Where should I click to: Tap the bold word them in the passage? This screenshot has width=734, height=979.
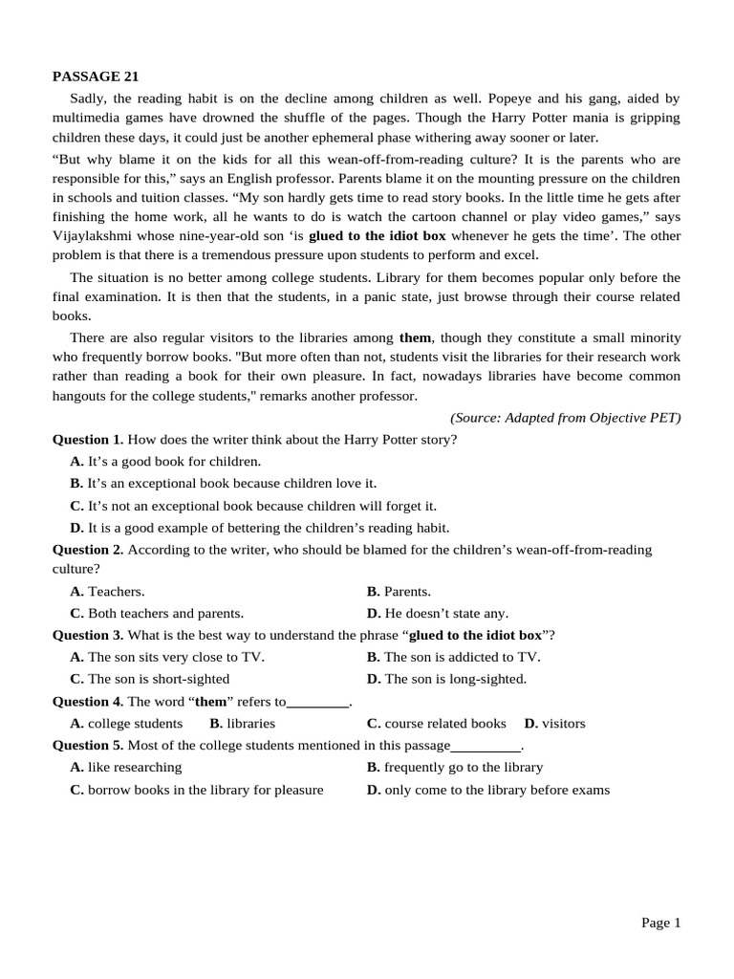[x=415, y=337]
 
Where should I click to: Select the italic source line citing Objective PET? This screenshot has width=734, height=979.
[x=565, y=418]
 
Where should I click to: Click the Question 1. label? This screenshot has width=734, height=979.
[x=88, y=440]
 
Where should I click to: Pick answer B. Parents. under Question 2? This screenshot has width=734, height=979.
[x=399, y=592]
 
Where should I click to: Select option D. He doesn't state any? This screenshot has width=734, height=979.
[x=438, y=614]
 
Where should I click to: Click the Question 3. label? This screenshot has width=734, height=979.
[x=88, y=636]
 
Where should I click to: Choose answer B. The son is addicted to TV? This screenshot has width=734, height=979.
[x=454, y=657]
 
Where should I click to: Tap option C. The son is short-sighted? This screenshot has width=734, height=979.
[x=150, y=679]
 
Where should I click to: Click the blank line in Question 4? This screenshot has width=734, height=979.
[x=318, y=703]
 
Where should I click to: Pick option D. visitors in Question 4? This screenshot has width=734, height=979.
[x=555, y=724]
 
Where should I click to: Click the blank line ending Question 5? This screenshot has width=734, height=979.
[x=486, y=747]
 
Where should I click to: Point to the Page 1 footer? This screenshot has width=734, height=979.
[x=660, y=923]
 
